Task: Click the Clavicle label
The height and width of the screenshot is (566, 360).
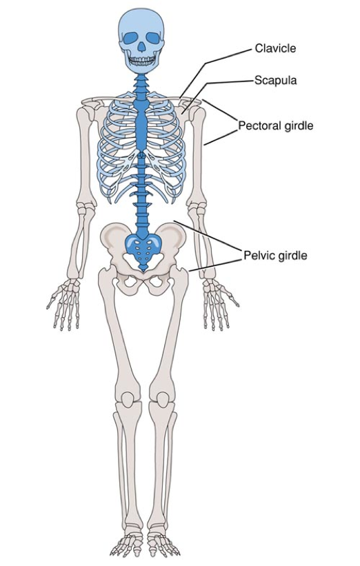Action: click(275, 48)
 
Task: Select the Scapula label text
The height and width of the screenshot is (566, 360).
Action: click(275, 80)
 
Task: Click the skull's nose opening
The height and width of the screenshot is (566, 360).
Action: click(141, 46)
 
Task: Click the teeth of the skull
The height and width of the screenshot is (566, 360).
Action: click(142, 61)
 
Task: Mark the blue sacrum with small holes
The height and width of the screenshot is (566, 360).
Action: click(143, 248)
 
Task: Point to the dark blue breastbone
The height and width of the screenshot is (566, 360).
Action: click(141, 123)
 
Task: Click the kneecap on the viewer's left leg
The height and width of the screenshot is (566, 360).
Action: click(128, 398)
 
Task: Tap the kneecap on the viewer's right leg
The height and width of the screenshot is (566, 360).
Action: click(163, 398)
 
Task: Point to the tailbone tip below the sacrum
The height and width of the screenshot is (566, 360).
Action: click(143, 269)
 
